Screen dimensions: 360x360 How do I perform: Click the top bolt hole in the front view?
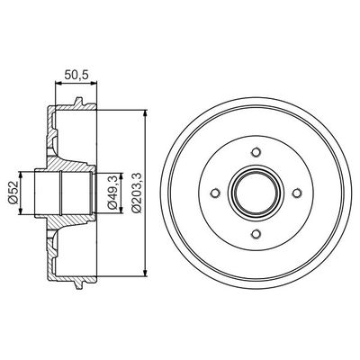pos(256,150)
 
